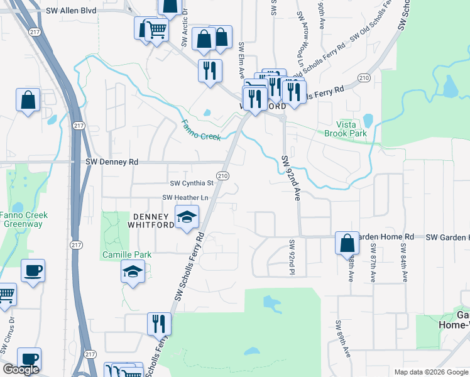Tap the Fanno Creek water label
[202, 130]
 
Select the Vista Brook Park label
[345, 129]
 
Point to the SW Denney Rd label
[111, 161]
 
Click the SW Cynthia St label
[192, 183]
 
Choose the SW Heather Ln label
[185, 197]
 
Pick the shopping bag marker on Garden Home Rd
[347, 242]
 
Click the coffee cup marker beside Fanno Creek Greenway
[33, 271]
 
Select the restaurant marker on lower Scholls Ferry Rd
[159, 324]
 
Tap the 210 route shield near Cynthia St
[222, 175]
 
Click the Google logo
[21, 369]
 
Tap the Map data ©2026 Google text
[430, 372]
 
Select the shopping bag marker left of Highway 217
[28, 101]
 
